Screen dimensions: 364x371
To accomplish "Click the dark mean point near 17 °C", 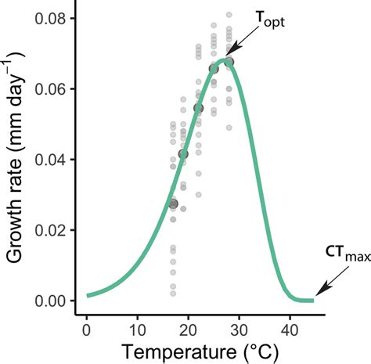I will (173, 204).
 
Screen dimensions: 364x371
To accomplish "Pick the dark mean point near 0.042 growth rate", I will (183, 153).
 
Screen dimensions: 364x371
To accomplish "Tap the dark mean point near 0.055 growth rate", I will (199, 107).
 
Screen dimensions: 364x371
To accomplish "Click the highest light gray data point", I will (229, 15).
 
